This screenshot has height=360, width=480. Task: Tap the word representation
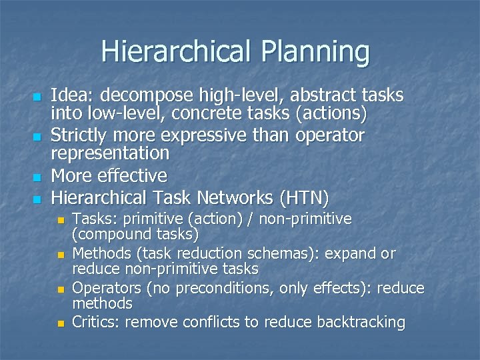tap(110, 153)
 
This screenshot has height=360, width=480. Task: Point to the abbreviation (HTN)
tap(304, 197)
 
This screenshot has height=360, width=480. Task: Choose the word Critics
tap(95, 323)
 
